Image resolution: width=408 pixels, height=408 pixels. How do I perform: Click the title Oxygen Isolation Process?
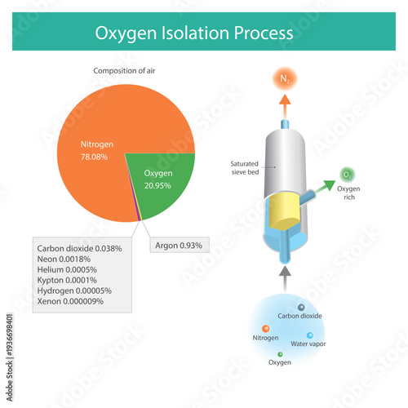193,33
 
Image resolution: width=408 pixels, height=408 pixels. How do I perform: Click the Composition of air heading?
124,71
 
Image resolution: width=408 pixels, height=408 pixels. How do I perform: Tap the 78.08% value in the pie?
94,156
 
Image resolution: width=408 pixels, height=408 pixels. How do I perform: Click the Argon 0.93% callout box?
177,245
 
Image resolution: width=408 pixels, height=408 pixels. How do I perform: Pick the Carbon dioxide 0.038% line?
79,247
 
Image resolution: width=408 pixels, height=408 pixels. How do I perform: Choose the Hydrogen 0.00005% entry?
75,290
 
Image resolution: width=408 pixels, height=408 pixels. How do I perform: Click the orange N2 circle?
285,79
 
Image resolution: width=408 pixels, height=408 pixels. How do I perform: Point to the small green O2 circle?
348,174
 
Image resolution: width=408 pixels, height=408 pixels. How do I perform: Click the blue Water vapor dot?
309,335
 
